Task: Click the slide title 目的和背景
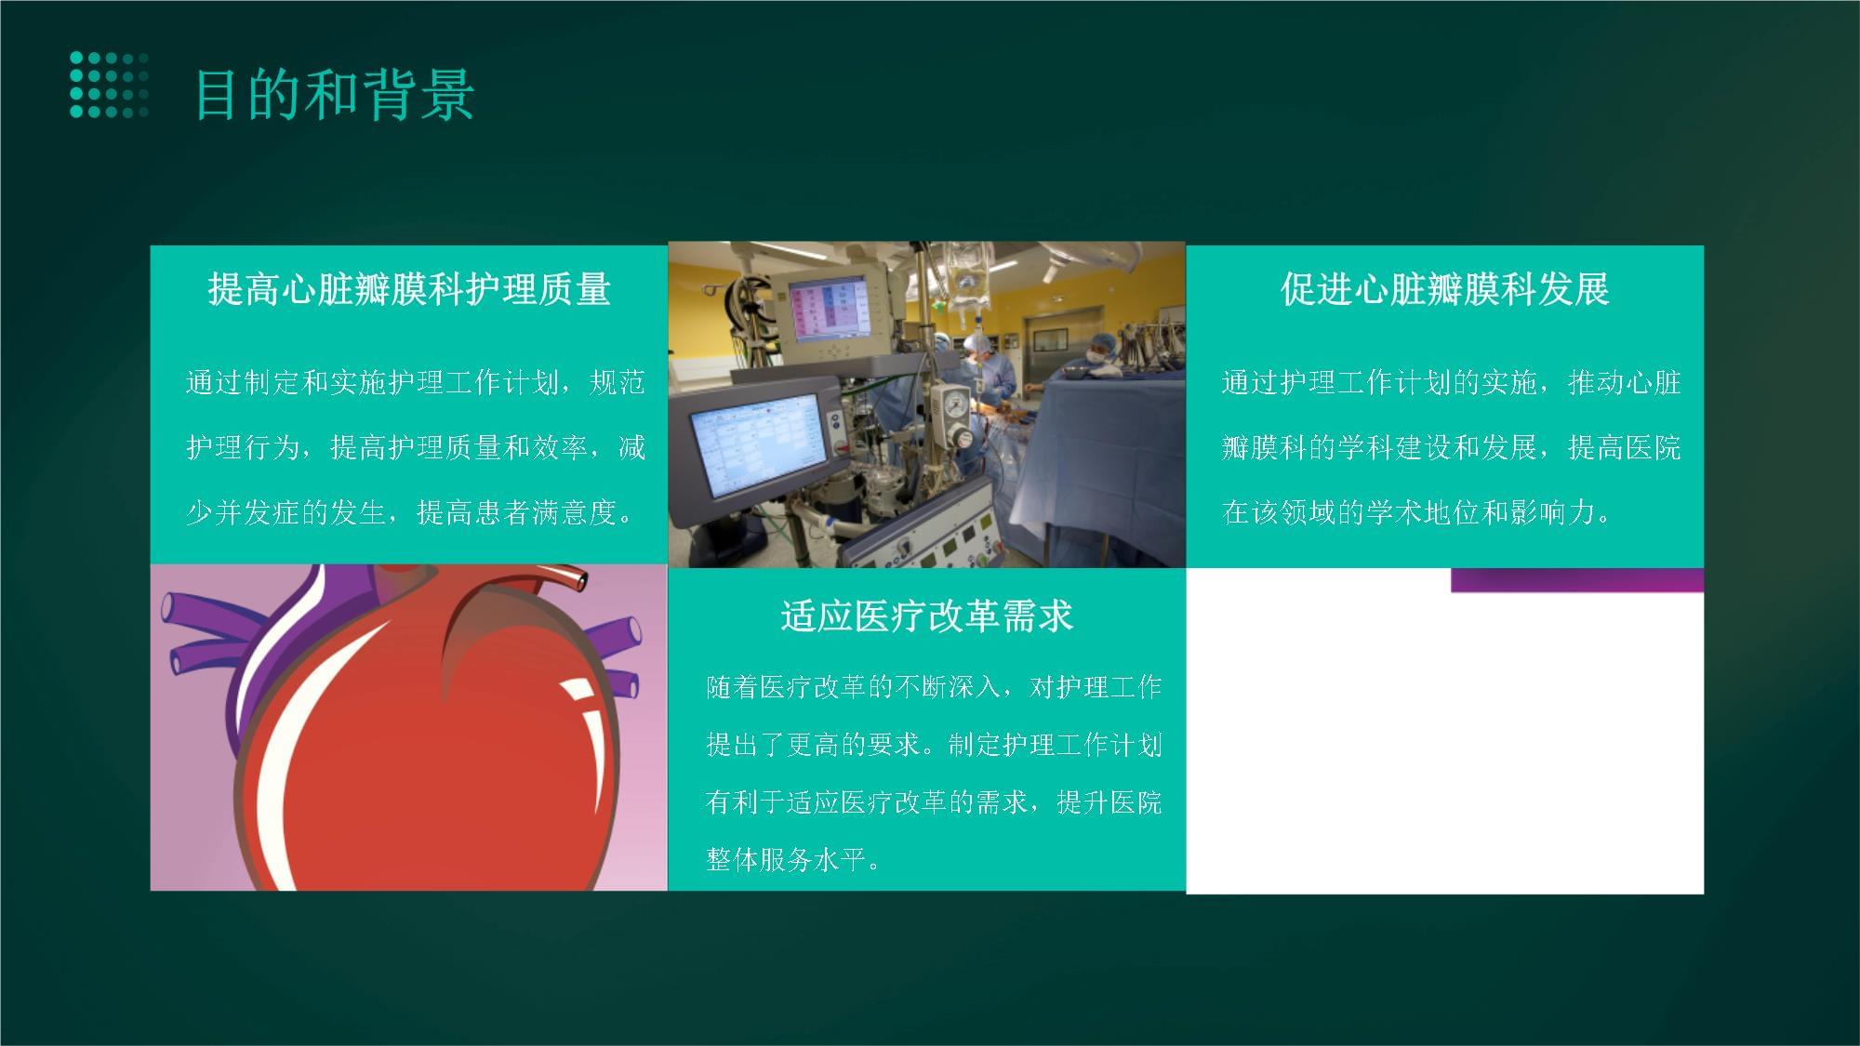point(335,95)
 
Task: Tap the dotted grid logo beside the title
point(109,86)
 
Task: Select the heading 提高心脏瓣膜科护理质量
point(409,289)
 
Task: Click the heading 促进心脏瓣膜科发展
point(1444,289)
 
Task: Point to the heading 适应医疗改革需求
point(926,616)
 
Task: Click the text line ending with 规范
point(415,383)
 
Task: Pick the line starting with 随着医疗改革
point(934,687)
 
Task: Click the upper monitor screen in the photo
point(830,311)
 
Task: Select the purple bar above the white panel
point(1577,580)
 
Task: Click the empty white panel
point(1444,742)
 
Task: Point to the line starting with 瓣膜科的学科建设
point(1451,448)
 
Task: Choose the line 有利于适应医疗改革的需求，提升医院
point(934,801)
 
